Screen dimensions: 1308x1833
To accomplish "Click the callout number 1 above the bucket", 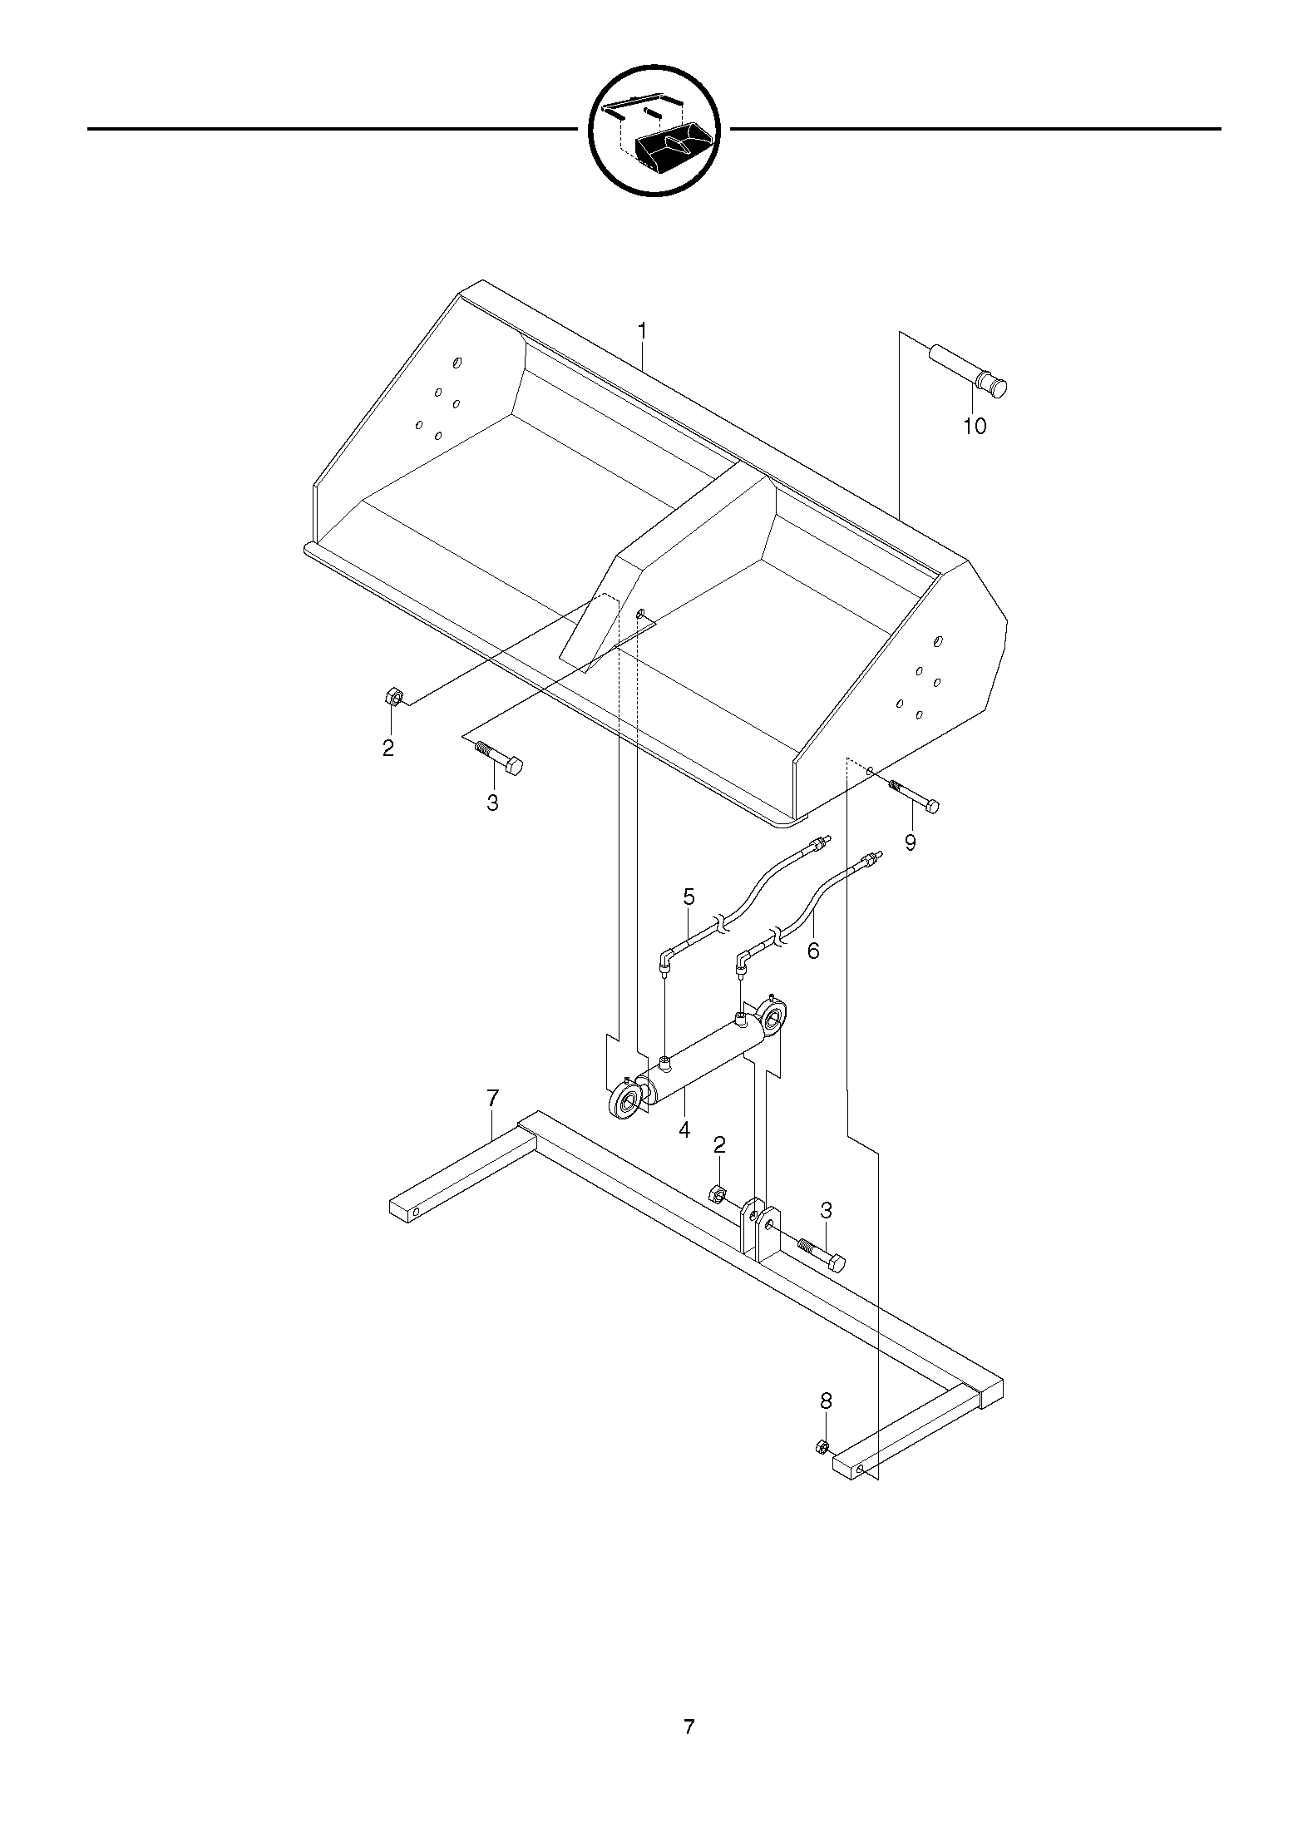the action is pos(642,331).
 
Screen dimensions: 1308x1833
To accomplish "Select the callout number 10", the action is pos(975,427).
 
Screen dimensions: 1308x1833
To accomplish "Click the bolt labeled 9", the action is pos(914,796).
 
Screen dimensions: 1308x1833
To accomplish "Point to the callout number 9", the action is pos(911,842).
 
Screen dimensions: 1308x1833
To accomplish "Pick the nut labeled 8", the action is pos(822,1446).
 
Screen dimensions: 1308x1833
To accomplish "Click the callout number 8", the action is pos(826,1401).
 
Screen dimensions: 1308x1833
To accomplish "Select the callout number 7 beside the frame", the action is pos(492,1099).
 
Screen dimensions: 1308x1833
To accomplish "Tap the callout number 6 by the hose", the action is pos(813,951).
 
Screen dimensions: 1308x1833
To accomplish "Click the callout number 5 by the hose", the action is pos(689,897).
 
